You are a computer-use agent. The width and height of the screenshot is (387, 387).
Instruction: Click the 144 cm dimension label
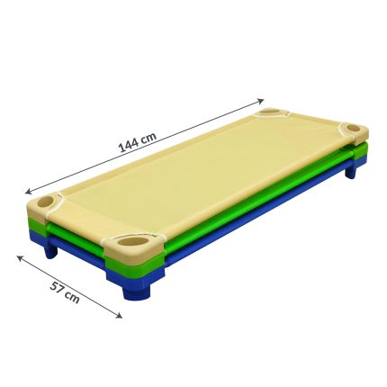point(138,142)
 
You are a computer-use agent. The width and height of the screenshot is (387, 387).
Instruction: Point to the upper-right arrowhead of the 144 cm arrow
point(261,101)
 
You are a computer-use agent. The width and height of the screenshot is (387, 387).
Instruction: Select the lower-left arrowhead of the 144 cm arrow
point(29,192)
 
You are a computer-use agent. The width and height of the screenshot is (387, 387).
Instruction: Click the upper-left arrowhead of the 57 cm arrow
point(21,257)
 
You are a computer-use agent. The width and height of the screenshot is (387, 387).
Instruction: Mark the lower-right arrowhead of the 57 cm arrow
point(119,315)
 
